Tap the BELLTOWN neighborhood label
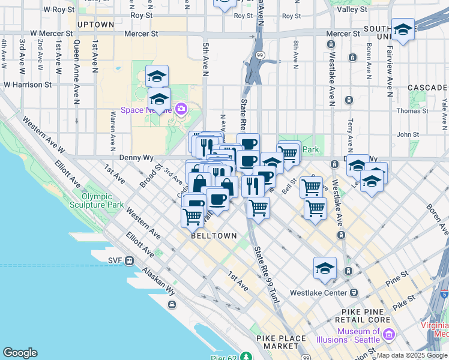pos(214,236)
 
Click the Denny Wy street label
pos(136,158)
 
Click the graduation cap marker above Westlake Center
pos(325,268)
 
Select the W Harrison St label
pos(28,85)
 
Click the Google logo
pos(20,353)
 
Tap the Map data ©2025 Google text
pos(412,355)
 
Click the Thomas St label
pos(411,110)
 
